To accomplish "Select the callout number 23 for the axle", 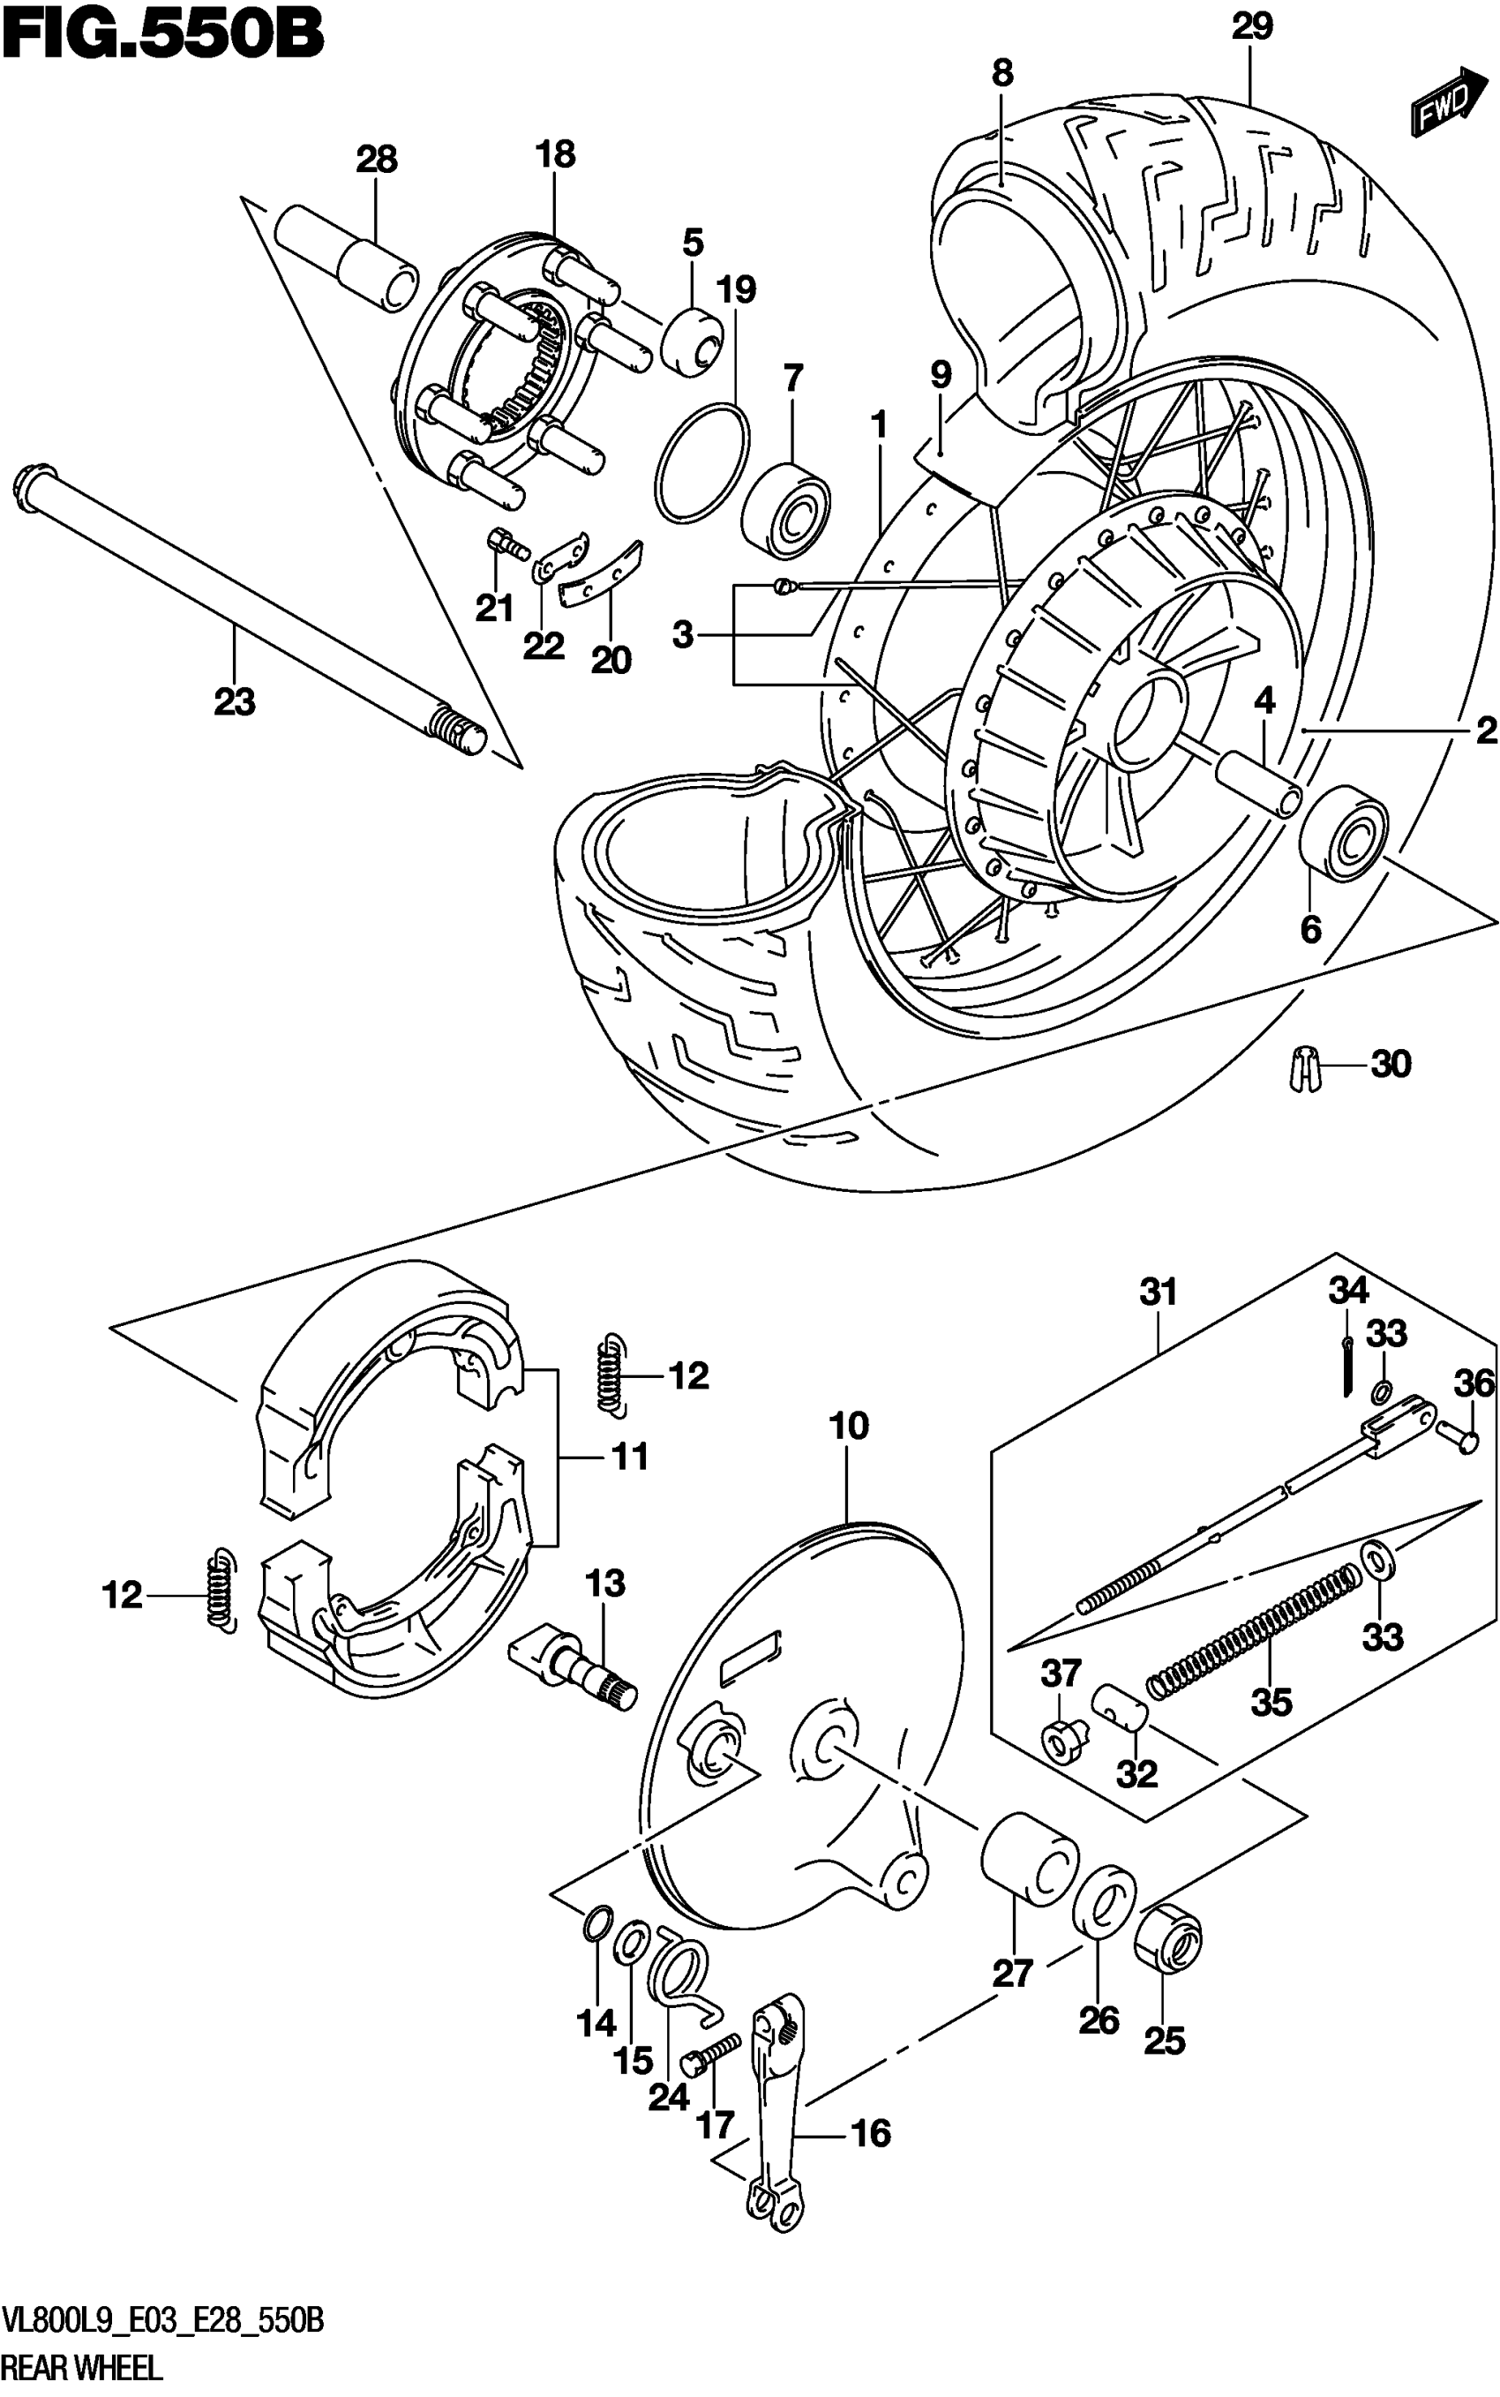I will coord(234,702).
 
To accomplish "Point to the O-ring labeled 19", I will coord(702,461).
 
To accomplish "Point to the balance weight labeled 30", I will coord(1300,1069).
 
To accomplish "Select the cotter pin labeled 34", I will coord(1348,1367).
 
